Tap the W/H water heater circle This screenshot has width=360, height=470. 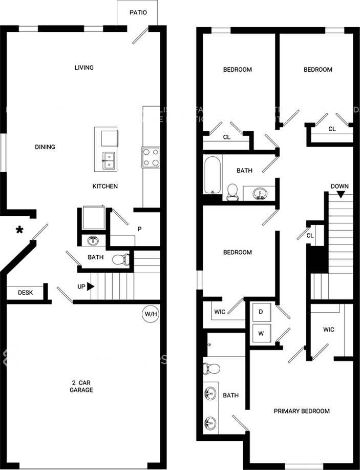point(151,314)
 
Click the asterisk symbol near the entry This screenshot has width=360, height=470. point(20,230)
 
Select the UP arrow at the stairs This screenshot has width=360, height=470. point(91,287)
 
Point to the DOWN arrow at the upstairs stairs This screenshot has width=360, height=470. point(340,194)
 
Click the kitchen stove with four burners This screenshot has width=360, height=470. point(151,157)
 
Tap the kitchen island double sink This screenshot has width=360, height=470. point(108,160)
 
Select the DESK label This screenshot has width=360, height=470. point(25,293)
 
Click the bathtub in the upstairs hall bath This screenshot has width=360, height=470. point(213,175)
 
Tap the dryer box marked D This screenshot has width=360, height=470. point(261,312)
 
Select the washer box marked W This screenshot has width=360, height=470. point(261,333)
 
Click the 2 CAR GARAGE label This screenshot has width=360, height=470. point(82,386)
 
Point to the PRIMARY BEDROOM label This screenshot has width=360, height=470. point(302,411)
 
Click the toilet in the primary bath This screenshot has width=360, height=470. point(211,368)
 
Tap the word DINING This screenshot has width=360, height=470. point(45,147)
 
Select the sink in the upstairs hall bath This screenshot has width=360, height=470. point(261,194)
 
